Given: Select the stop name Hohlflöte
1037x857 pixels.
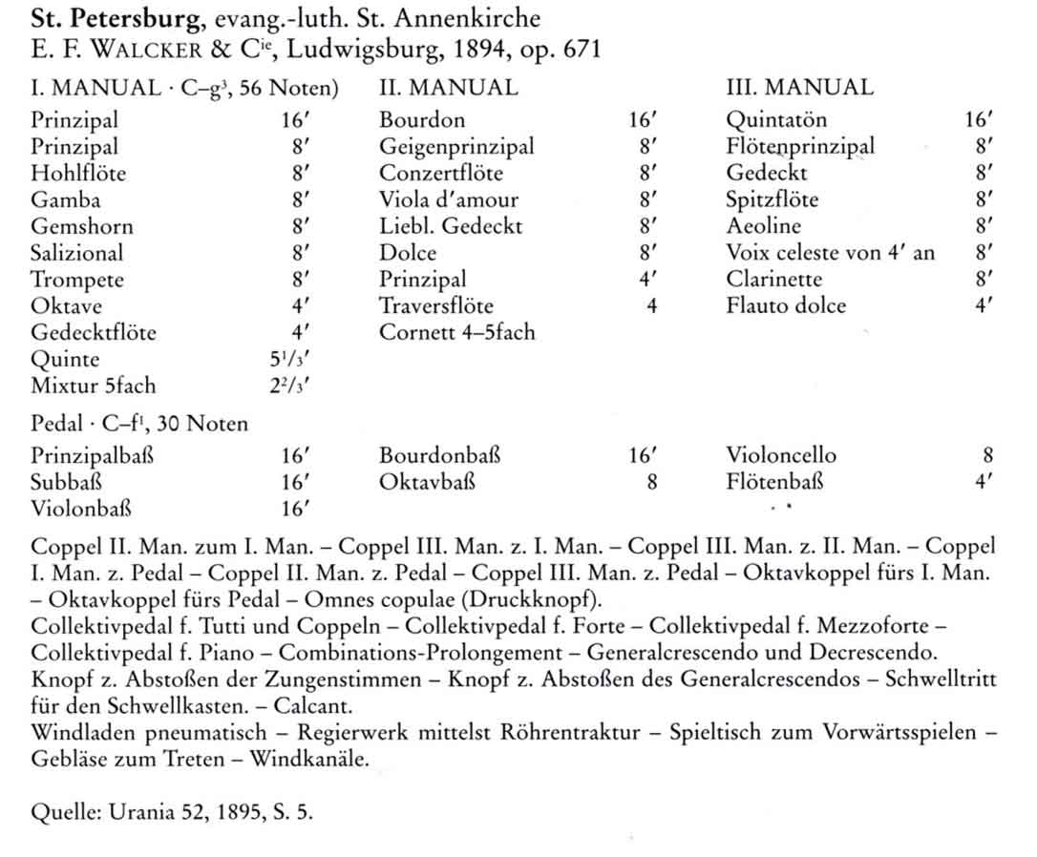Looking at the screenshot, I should click(x=78, y=174).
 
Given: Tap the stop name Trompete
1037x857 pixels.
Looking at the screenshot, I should click(x=77, y=281).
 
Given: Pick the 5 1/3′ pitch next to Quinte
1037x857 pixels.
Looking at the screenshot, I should click(x=291, y=361).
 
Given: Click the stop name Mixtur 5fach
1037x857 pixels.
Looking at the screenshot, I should click(x=93, y=387).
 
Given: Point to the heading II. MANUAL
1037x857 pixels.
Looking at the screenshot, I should click(x=449, y=89).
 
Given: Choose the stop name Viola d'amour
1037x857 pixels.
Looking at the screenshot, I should click(x=449, y=200).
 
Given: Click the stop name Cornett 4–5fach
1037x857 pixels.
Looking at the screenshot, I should click(x=457, y=333).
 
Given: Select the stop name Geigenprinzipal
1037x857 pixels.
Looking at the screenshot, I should click(x=456, y=147).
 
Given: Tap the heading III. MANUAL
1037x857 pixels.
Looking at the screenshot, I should click(x=799, y=89).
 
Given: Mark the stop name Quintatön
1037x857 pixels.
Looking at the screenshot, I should click(x=776, y=120).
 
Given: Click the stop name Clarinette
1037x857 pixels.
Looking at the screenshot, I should click(x=774, y=281).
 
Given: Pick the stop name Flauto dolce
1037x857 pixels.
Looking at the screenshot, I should click(x=786, y=306).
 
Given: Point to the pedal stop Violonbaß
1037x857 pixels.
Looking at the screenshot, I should click(x=81, y=509).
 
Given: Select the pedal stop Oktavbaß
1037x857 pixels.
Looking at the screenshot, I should click(x=427, y=482).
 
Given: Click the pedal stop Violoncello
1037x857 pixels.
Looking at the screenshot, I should click(x=781, y=456).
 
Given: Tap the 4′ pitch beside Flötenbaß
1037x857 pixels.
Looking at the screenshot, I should click(x=984, y=482).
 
